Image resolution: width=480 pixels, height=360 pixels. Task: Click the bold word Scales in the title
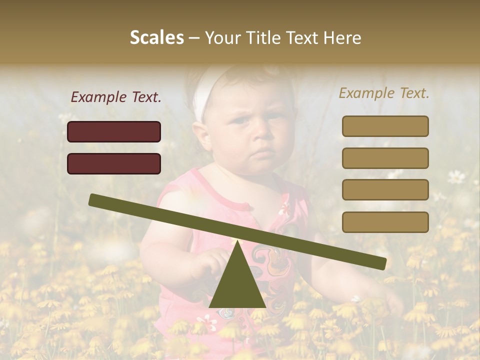pyautogui.click(x=156, y=37)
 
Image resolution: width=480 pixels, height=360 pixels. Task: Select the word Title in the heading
pyautogui.click(x=266, y=38)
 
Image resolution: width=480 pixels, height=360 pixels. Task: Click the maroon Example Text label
pyautogui.click(x=116, y=97)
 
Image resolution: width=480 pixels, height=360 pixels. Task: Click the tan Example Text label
pyautogui.click(x=384, y=93)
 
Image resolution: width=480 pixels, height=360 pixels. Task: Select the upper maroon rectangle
pyautogui.click(x=114, y=131)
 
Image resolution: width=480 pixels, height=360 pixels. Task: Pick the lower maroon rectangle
pyautogui.click(x=114, y=163)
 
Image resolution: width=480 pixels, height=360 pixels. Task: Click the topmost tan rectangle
pyautogui.click(x=385, y=126)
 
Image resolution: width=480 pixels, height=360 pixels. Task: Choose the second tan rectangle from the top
pyautogui.click(x=385, y=158)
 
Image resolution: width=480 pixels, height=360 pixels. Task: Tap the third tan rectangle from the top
pyautogui.click(x=385, y=189)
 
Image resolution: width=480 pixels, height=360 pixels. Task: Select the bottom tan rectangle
pyautogui.click(x=385, y=222)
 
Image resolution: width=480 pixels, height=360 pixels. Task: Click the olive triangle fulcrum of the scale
pyautogui.click(x=237, y=282)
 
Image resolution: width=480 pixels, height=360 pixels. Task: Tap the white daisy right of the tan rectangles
pyautogui.click(x=455, y=176)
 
